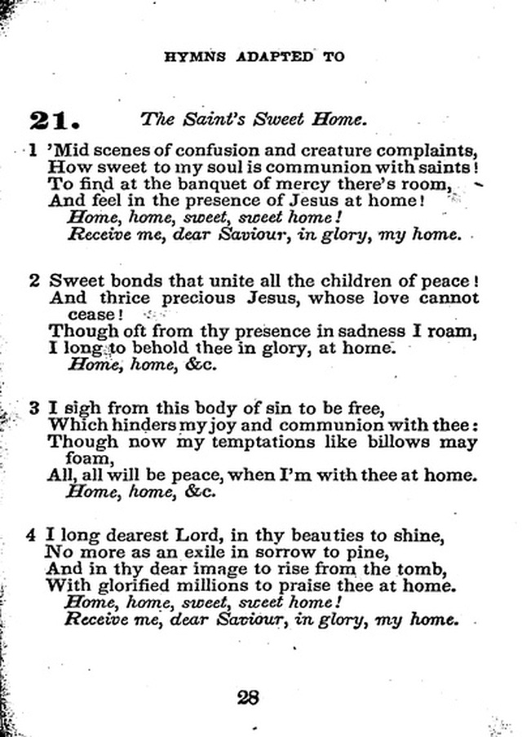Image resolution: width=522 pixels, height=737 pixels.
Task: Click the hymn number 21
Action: pos(53,120)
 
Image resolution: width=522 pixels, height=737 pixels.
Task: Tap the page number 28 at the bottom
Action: pos(248,698)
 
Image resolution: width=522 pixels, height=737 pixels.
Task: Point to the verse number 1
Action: pos(33,151)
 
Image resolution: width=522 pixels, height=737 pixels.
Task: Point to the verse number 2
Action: pos(33,281)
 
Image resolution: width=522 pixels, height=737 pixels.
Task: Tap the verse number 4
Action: pos(32,536)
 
